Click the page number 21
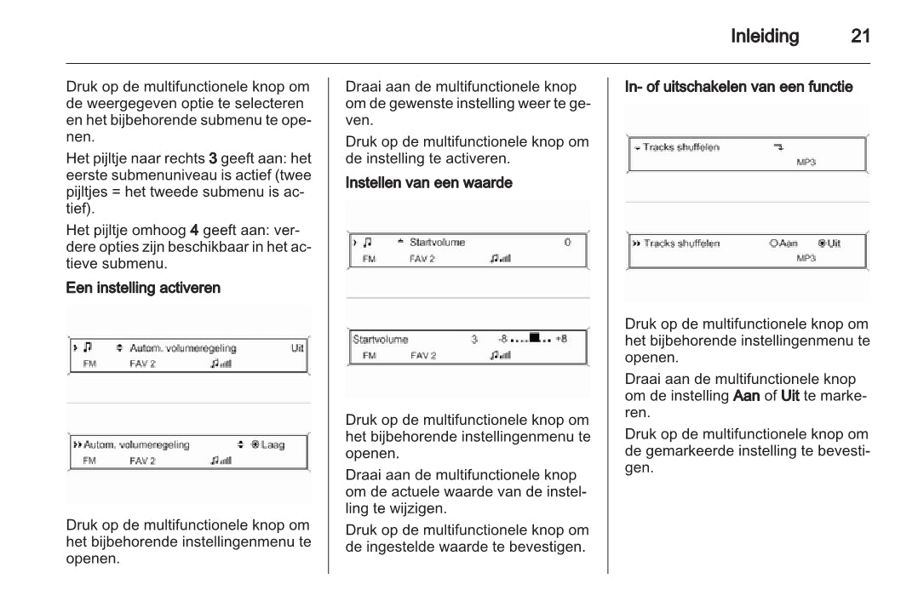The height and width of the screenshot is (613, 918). coord(860,37)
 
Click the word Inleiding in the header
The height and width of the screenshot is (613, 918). coord(765,37)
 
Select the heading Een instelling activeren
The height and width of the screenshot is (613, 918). coord(143,288)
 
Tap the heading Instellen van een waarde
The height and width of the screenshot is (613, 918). coord(428,183)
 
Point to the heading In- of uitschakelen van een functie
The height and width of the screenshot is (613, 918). coord(738,87)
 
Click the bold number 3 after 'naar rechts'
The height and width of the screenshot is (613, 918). coord(213,158)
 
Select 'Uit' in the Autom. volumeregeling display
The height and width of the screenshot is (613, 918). coord(297,348)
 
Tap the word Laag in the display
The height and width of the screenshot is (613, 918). coord(273,444)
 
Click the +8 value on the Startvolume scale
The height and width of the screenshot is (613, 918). coord(560,339)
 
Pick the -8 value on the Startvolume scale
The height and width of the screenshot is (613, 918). coord(502,339)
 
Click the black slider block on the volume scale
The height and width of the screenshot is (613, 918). coord(535,338)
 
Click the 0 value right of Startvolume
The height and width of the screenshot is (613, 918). coord(567,243)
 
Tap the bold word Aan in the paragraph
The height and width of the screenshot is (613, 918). coord(746,396)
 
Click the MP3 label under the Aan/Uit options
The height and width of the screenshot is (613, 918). coord(806,258)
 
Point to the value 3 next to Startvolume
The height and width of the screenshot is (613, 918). coord(474,339)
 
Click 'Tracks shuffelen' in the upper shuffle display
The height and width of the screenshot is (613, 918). coord(681,147)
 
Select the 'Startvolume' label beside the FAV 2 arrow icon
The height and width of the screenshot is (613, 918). coord(438,243)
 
